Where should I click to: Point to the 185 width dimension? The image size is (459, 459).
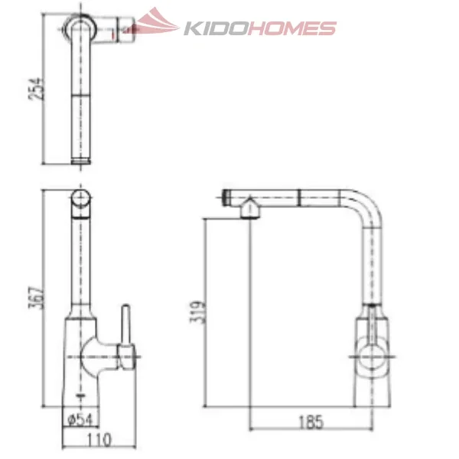311,422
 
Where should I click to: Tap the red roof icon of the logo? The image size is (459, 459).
156,23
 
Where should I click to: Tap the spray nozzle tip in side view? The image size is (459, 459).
226,197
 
